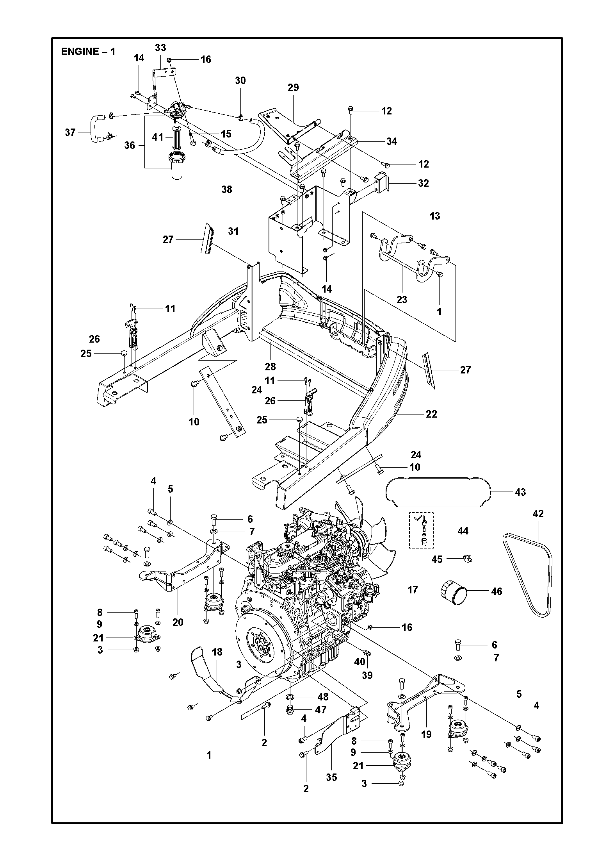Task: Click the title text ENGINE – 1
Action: click(88, 52)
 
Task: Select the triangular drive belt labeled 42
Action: click(527, 563)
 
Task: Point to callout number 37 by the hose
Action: click(70, 132)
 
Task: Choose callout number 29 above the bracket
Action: click(293, 88)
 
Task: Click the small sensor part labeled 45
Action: click(467, 559)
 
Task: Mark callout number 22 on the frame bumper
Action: click(431, 414)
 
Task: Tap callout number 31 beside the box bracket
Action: click(233, 231)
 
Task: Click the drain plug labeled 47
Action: click(290, 710)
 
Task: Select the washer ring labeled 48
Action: click(291, 697)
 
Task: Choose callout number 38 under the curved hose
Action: click(227, 189)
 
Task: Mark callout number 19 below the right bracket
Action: click(426, 734)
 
